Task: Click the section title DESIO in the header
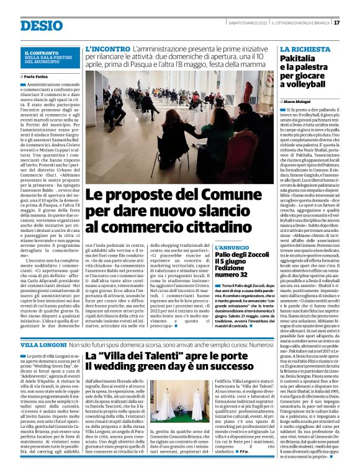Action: (42, 25)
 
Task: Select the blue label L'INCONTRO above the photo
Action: (107, 48)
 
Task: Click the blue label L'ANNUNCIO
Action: (232, 247)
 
